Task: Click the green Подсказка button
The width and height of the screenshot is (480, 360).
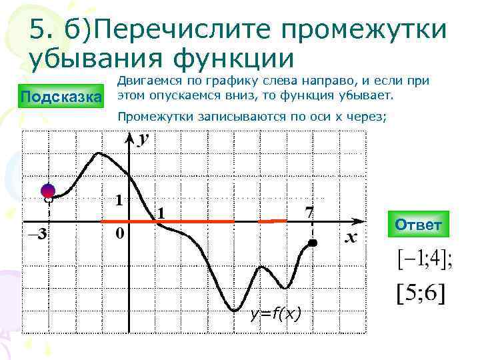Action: (x=61, y=97)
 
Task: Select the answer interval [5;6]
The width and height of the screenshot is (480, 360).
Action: (x=421, y=294)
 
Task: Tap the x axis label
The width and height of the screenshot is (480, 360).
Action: (x=351, y=238)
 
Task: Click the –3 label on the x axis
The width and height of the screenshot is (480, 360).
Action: (x=36, y=233)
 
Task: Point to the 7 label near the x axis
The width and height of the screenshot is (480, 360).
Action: (x=309, y=212)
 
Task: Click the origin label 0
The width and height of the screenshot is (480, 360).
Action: (x=119, y=235)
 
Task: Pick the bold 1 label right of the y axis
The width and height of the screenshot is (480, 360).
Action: (x=160, y=213)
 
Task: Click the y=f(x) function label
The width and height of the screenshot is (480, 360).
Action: (x=275, y=313)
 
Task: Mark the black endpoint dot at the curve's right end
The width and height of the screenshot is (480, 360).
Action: (x=313, y=244)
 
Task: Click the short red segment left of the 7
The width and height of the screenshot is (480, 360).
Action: (x=273, y=221)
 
